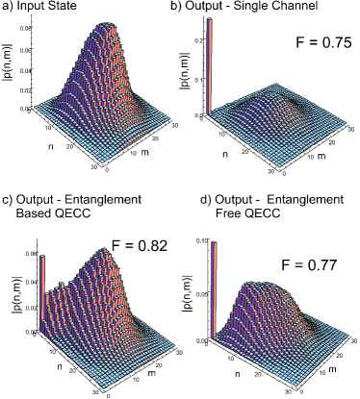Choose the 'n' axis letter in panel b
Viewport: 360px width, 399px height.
click(x=213, y=153)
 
